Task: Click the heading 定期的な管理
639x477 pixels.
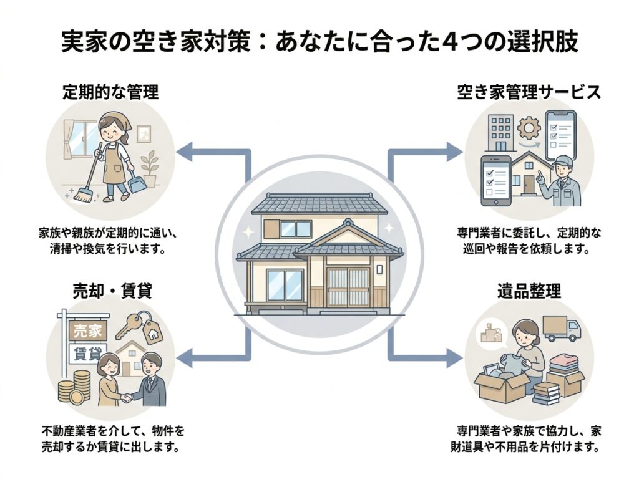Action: point(110,93)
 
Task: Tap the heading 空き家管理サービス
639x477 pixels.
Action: point(528,93)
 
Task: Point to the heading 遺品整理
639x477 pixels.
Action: point(529,291)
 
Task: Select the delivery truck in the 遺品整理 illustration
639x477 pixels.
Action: point(562,328)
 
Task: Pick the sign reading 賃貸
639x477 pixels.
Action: point(86,353)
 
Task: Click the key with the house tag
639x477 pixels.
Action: point(144,325)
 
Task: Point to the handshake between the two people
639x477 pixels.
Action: point(127,397)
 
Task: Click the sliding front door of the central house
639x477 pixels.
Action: point(348,286)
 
